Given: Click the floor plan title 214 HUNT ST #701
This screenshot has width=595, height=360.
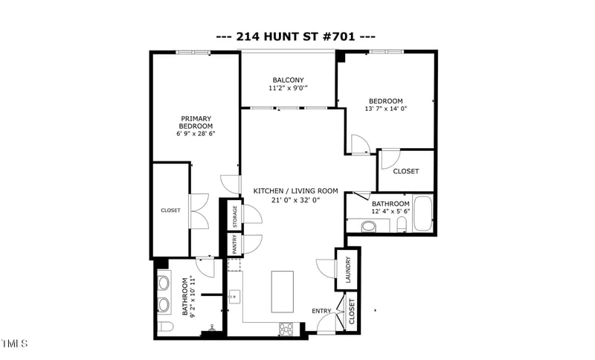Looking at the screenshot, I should (x=295, y=36).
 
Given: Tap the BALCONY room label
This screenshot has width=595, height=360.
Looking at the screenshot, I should (x=288, y=80).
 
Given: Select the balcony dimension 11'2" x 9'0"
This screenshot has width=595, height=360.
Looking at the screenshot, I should (x=288, y=89).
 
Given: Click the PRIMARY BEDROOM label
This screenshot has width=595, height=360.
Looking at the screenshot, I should (x=196, y=122).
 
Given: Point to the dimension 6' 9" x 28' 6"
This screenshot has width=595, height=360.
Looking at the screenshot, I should (x=196, y=135).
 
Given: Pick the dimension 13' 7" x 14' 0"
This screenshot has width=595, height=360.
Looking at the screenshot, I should (x=386, y=109).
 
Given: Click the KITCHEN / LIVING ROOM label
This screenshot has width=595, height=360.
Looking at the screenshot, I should (x=295, y=191).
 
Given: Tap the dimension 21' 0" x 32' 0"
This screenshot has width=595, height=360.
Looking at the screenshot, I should (x=295, y=200).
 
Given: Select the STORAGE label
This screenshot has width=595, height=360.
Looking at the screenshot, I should (x=234, y=216).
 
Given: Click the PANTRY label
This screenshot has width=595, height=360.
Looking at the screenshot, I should (x=234, y=244).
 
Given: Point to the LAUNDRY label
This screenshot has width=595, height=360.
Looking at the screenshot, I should (x=347, y=270).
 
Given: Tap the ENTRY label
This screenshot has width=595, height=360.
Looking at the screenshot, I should (x=321, y=311).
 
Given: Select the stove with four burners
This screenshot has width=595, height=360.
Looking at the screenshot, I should (x=287, y=327).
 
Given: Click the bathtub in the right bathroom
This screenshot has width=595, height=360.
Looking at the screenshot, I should (x=422, y=214).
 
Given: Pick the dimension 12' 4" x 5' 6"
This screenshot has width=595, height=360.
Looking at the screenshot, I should (x=390, y=213).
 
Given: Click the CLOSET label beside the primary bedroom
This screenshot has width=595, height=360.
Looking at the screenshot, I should (x=170, y=210).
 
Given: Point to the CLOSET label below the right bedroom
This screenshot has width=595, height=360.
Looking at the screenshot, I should (x=405, y=171).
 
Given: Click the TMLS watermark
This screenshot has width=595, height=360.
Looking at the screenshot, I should (x=15, y=344).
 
